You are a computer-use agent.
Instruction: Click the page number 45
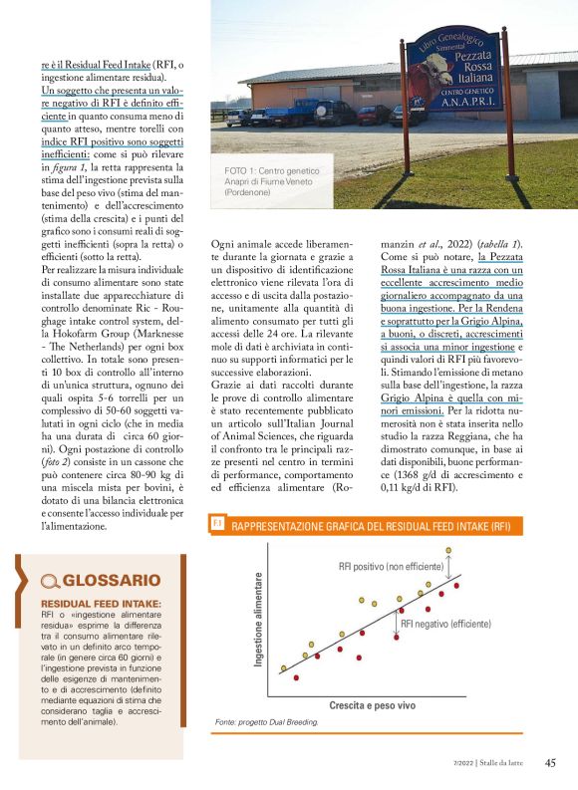pyautogui.click(x=549, y=763)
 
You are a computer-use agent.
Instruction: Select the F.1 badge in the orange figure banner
pyautogui.click(x=218, y=523)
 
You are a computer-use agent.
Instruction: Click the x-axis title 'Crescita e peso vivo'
pyautogui.click(x=372, y=704)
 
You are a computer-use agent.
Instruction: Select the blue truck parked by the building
pyautogui.click(x=299, y=111)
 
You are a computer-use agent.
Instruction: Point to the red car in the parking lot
pyautogui.click(x=373, y=114)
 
